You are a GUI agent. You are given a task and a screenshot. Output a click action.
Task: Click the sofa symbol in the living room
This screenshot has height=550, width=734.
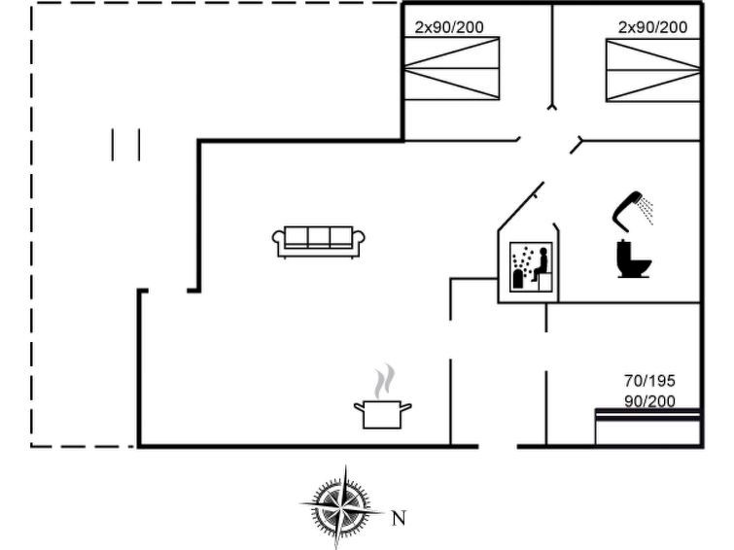point(318,241)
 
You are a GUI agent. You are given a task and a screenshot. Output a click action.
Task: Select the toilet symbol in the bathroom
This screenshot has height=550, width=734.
point(633,259)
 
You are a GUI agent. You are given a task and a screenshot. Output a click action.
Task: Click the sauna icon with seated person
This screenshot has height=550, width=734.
point(532,266)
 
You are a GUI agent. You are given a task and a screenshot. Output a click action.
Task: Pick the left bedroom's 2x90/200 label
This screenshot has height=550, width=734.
point(449,27)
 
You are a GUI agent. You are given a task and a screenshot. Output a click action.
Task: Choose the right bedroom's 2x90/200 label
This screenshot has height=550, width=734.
point(652,27)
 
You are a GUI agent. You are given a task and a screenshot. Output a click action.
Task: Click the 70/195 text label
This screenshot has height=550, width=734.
point(649,382)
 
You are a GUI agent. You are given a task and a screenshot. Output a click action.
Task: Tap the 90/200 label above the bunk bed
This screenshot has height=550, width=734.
point(649,400)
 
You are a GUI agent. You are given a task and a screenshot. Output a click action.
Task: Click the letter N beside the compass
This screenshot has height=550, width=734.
point(399,518)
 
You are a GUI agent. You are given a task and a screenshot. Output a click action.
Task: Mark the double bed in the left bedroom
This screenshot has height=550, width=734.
point(451,69)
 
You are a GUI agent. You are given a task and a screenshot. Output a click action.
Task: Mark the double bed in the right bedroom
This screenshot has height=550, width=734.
point(652,69)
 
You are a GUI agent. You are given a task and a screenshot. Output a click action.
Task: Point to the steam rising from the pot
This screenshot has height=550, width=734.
point(385,379)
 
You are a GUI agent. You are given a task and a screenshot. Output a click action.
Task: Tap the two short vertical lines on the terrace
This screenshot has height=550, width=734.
point(126,145)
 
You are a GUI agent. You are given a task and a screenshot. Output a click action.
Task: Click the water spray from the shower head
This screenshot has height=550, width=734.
point(646,209)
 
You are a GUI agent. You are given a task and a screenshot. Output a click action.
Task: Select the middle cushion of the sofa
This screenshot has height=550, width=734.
point(318,237)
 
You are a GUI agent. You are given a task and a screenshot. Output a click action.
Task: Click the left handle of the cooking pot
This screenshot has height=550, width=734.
point(357,405)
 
